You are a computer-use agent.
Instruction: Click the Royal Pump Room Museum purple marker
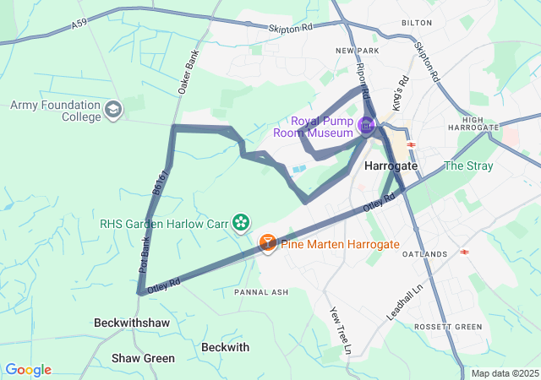tap(366, 127)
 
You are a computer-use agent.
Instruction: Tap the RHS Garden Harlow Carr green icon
tap(242, 222)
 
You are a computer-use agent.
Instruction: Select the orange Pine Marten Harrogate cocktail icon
tap(267, 244)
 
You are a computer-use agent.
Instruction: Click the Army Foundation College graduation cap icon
tap(113, 109)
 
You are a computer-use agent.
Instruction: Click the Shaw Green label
tap(143, 358)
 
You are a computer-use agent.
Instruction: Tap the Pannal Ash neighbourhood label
tap(261, 292)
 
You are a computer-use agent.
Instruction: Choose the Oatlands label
tap(424, 254)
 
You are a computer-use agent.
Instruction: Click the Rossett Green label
tap(447, 327)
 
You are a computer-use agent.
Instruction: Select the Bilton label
tap(417, 24)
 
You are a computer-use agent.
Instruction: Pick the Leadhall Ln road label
tap(402, 301)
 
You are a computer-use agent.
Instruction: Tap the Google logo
tap(28, 370)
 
